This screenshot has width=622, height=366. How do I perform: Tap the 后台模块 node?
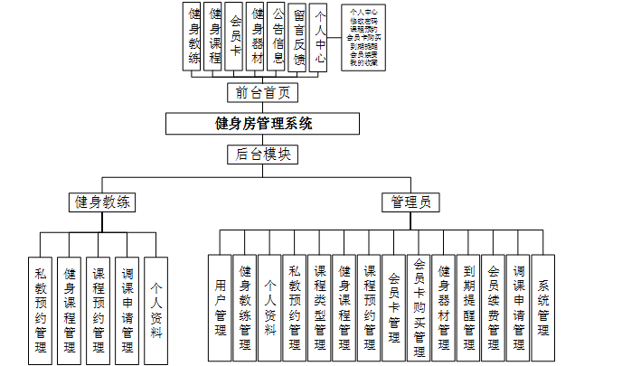coord(262,154)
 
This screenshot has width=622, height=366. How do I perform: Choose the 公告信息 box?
coord(278,37)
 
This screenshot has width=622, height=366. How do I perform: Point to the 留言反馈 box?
coord(298,37)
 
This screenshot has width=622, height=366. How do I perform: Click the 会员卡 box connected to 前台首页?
coord(236,37)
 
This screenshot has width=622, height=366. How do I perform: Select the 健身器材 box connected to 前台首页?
coord(257,37)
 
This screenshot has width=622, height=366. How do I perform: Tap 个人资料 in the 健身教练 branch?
coord(155,310)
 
